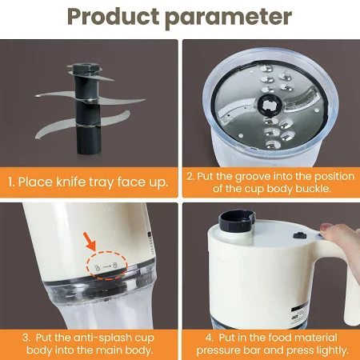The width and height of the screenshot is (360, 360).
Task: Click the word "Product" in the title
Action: (x=113, y=17)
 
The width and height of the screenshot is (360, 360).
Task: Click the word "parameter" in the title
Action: (x=228, y=18)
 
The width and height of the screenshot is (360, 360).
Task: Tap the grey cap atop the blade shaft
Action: (x=85, y=68)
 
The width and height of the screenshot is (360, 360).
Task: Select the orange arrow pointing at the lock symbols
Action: (x=90, y=241)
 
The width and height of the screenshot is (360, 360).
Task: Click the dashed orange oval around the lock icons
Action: (x=106, y=266)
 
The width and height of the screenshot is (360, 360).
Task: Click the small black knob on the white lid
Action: (x=300, y=235)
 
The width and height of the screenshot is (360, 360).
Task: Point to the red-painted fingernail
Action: (x=326, y=227)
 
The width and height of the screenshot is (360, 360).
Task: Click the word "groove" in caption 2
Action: (x=254, y=177)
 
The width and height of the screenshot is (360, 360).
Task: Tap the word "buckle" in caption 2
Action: (x=314, y=189)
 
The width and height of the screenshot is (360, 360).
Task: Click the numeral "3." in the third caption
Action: (x=26, y=338)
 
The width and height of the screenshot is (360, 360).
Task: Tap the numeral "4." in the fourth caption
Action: (x=210, y=338)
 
